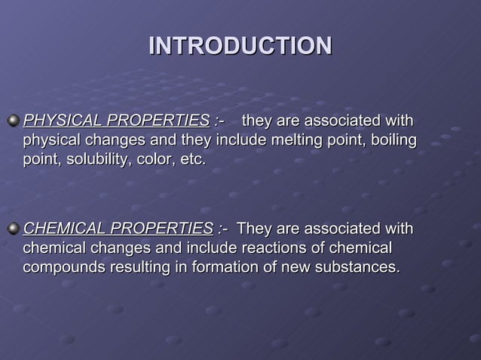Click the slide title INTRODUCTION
(x=240, y=45)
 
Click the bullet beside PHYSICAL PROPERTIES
(x=13, y=121)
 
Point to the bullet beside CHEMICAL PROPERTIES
(x=13, y=228)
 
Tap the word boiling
(x=393, y=140)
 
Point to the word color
(x=155, y=160)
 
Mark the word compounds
(x=61, y=267)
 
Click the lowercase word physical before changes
(x=52, y=140)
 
